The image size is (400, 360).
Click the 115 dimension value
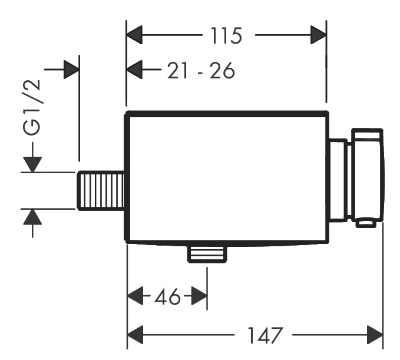pyautogui.click(x=226, y=35)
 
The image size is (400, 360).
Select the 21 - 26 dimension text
pyautogui.click(x=201, y=70)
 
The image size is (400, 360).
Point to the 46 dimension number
pyautogui.click(x=167, y=296)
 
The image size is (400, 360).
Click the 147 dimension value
pyautogui.click(x=265, y=335)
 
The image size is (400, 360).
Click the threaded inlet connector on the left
pyautogui.click(x=101, y=191)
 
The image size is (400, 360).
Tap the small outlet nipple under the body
pyautogui.click(x=207, y=255)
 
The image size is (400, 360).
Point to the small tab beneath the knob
pyautogui.click(x=366, y=223)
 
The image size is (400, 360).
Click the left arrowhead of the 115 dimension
pyautogui.click(x=134, y=35)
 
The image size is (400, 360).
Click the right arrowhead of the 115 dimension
pyautogui.click(x=318, y=35)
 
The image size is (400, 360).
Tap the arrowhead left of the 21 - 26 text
pyautogui.click(x=134, y=70)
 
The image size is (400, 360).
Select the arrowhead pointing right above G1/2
pyautogui.click(x=71, y=70)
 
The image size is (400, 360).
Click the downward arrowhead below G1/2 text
pyautogui.click(x=32, y=164)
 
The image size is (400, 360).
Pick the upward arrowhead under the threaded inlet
pyautogui.click(x=32, y=217)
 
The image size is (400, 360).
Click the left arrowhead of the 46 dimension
pyautogui.click(x=135, y=296)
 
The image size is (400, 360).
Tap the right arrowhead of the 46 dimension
pyautogui.click(x=199, y=296)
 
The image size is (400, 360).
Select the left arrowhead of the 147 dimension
pyautogui.click(x=135, y=335)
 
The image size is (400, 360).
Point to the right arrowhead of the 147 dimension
pyautogui.click(x=375, y=335)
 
